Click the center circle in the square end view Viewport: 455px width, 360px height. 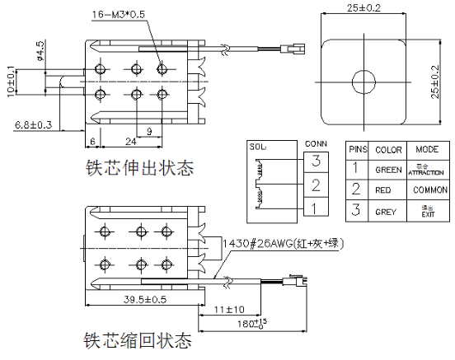[x=363, y=81]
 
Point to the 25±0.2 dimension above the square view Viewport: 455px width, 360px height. [x=362, y=8]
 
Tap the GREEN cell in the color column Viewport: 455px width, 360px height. [x=387, y=170]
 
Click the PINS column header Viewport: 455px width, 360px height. [x=357, y=150]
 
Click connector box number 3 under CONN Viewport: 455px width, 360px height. [x=316, y=161]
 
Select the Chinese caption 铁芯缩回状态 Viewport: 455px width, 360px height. [x=138, y=340]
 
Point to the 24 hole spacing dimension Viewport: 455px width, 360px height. [x=129, y=140]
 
